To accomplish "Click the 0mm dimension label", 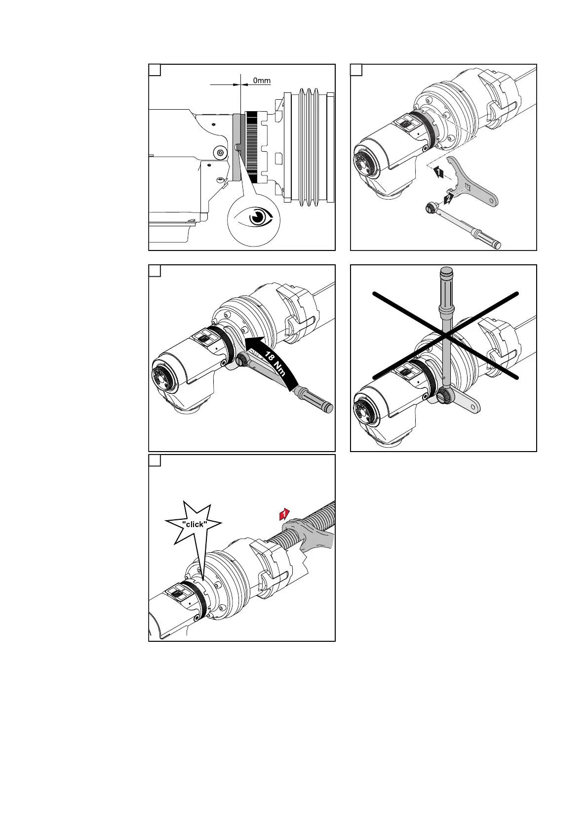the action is click(x=262, y=81).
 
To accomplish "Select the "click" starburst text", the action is click(x=194, y=524).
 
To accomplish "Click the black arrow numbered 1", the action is click(x=438, y=172).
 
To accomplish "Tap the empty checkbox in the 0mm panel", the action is click(x=155, y=70).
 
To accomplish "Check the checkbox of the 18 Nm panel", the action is click(x=155, y=271).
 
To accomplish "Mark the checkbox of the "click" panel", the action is click(x=155, y=460).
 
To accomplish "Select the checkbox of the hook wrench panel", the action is click(x=356, y=70).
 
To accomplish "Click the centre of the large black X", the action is click(x=445, y=336).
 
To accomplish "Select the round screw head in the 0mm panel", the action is click(x=220, y=152).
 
